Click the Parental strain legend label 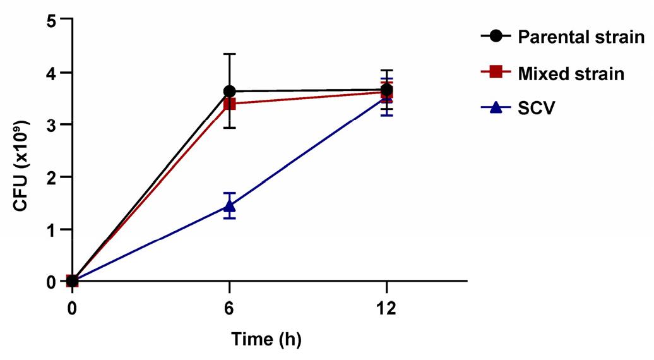pyautogui.click(x=581, y=37)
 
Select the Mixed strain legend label pyautogui.click(x=571, y=74)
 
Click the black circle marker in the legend pyautogui.click(x=496, y=37)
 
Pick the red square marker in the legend pyautogui.click(x=496, y=72)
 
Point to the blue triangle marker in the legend pyautogui.click(x=496, y=108)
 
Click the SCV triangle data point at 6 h pyautogui.click(x=229, y=206)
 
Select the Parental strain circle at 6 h pyautogui.click(x=229, y=91)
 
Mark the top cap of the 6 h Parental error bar pyautogui.click(x=229, y=54)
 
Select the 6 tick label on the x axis pyautogui.click(x=229, y=309)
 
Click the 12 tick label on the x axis pyautogui.click(x=386, y=309)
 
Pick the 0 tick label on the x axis pyautogui.click(x=73, y=309)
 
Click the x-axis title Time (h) pyautogui.click(x=266, y=340)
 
